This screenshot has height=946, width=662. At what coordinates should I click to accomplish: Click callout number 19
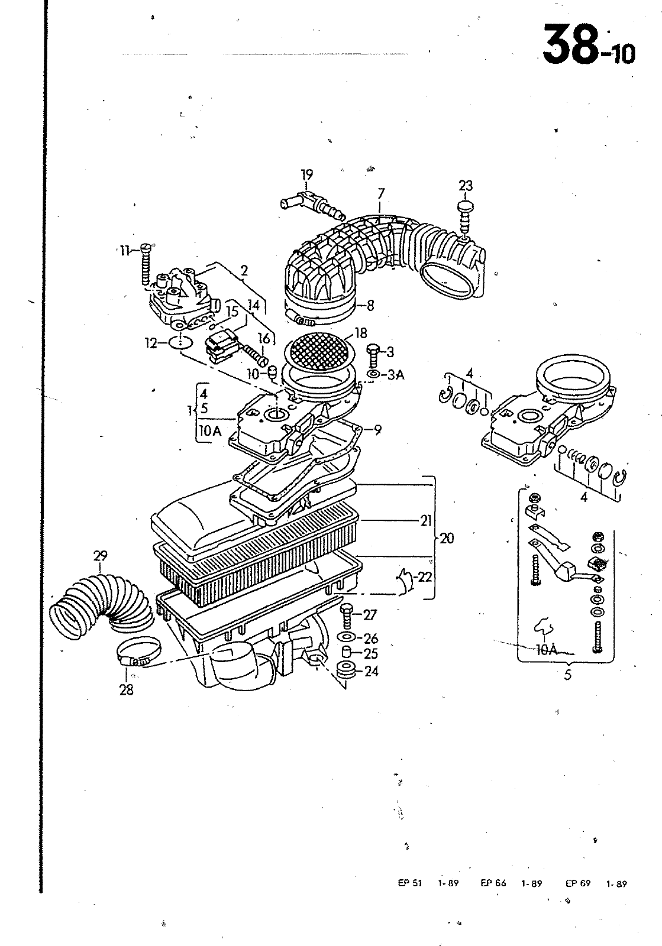(306, 174)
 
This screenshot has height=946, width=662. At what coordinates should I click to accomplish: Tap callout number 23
(466, 186)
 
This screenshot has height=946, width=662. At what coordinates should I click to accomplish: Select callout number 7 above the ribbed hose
(381, 194)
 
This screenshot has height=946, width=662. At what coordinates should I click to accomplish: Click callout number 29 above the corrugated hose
(100, 556)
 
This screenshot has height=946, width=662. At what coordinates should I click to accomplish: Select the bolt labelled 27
(347, 616)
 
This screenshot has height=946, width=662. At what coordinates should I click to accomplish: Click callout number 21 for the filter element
(426, 521)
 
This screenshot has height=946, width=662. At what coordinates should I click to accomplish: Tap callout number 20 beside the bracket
(447, 539)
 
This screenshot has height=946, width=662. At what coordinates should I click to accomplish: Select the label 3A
(395, 375)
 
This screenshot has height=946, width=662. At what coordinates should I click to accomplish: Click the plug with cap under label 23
(465, 217)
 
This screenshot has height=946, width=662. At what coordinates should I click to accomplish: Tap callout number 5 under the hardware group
(567, 675)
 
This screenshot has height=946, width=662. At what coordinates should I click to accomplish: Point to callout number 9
(377, 430)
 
